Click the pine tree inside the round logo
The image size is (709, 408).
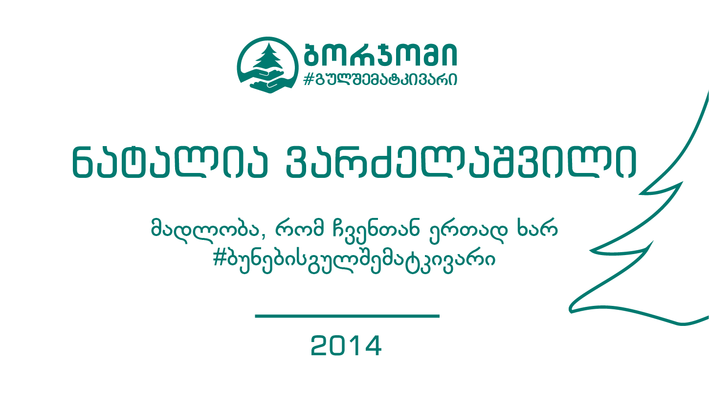pos(268,57)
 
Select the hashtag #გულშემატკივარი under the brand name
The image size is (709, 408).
pos(380,79)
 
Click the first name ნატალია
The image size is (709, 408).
pos(170,163)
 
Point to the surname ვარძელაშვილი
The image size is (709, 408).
pos(461,163)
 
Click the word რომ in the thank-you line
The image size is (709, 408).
pos(299,228)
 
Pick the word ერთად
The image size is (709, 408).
pos(468,230)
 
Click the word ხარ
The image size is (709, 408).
pos(537,227)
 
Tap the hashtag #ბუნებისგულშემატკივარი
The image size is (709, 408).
pos(354,261)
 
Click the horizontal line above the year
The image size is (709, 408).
pos(347,316)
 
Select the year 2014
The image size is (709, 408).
pos(346,346)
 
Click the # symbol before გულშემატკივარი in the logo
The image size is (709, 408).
pos(309,79)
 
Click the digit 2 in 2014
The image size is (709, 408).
pos(320,346)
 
